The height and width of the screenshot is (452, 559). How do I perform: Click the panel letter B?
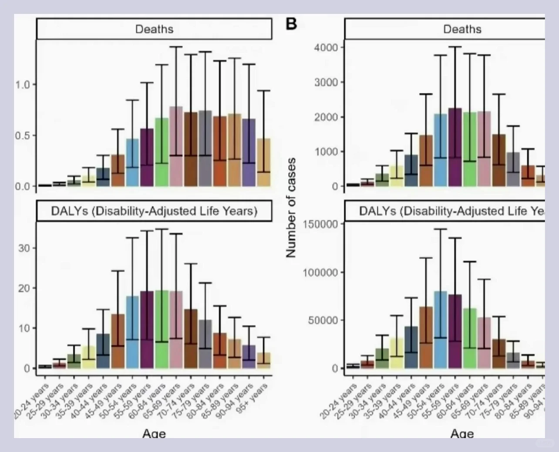[x=291, y=24]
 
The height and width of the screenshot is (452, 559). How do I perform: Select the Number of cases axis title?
[x=291, y=208]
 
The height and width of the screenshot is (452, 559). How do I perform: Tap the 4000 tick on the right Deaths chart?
[x=326, y=47]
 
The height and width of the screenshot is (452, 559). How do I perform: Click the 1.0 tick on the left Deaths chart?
[x=23, y=84]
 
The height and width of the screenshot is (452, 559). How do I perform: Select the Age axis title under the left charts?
[x=154, y=433]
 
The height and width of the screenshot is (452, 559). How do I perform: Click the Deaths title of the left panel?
[x=154, y=29]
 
